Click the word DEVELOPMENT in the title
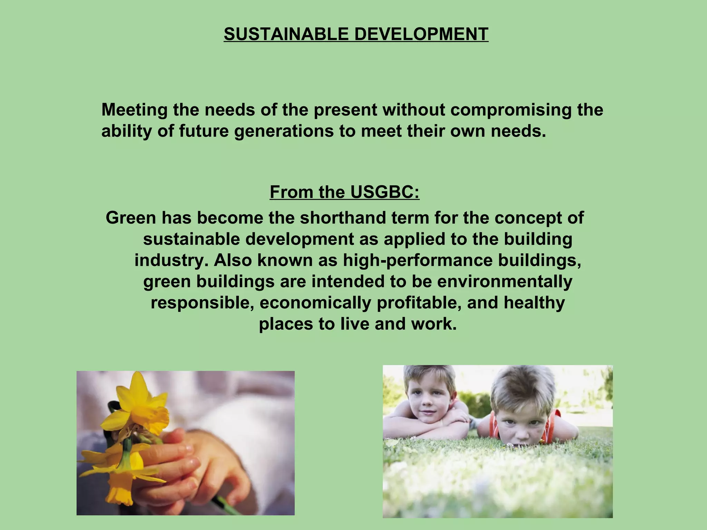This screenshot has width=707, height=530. (421, 34)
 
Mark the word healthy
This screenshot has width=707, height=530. (534, 303)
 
